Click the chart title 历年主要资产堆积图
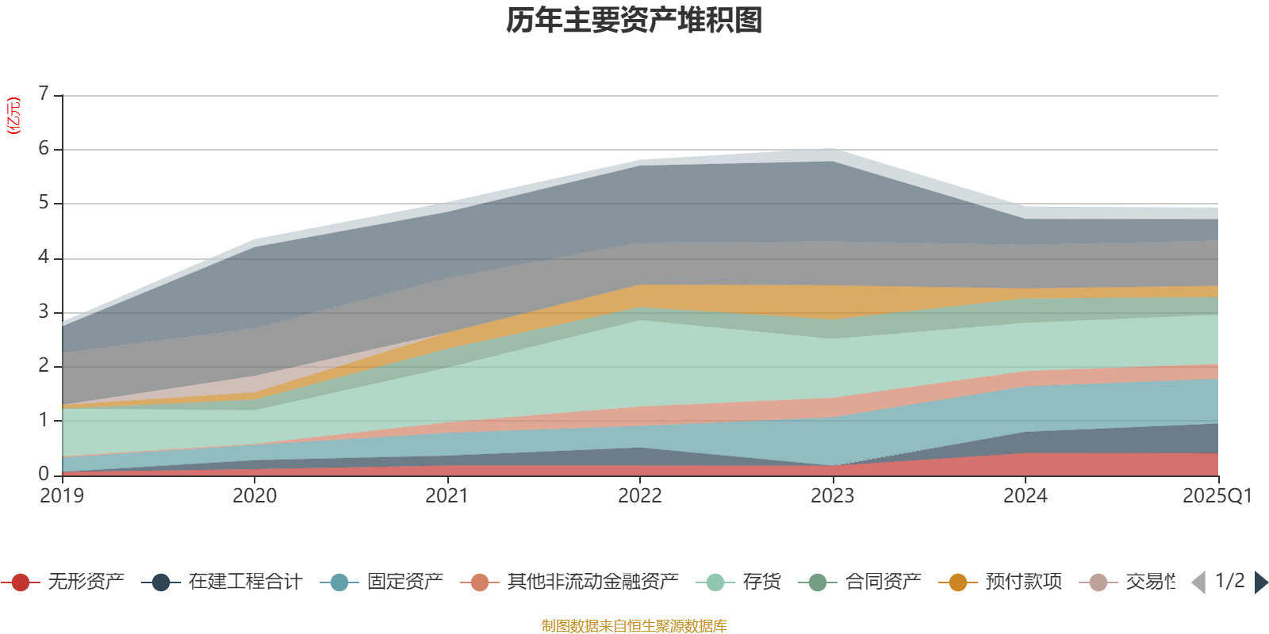634,21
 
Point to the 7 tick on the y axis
44,94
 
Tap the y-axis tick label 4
44,258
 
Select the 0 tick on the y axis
44,474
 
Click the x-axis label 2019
62,496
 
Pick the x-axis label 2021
447,496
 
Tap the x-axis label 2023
832,496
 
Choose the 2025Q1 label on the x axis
1217,496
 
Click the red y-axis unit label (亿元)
13,116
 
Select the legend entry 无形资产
85,582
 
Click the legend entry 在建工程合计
244,582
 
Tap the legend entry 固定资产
404,582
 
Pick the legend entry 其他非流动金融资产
592,582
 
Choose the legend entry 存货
761,582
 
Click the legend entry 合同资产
883,582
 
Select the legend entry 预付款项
1023,582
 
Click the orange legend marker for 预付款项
958,582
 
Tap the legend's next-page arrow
1260,582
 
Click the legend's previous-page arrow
1199,582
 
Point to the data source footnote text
634,626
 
